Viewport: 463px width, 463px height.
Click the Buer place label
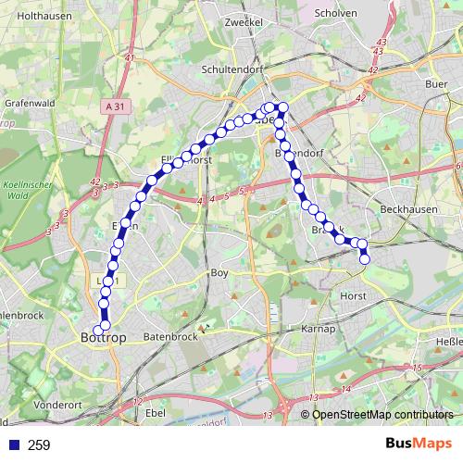pyautogui.click(x=436, y=83)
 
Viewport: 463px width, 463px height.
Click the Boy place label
pyautogui.click(x=219, y=273)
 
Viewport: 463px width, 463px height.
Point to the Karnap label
pyautogui.click(x=317, y=330)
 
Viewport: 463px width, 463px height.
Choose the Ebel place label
pyautogui.click(x=156, y=411)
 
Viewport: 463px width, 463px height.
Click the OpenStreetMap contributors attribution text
pyautogui.click(x=382, y=414)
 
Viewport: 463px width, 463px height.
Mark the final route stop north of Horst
pyautogui.click(x=364, y=260)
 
